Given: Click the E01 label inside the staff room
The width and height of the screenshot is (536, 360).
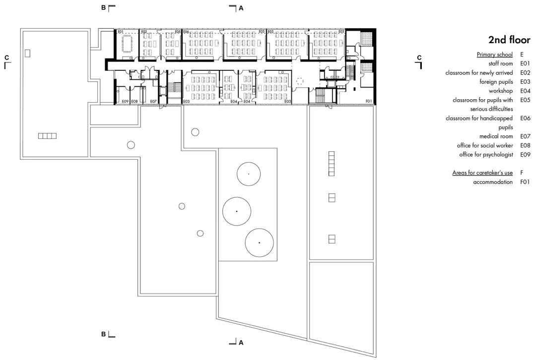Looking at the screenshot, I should tap(120, 32).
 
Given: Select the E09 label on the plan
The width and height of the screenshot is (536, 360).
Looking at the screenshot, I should tap(125, 101).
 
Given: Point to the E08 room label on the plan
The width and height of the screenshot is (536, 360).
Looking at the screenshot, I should tap(134, 101).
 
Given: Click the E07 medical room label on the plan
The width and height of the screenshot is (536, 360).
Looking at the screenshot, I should tap(153, 101).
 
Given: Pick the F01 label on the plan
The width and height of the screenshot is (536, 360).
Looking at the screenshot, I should tap(368, 101).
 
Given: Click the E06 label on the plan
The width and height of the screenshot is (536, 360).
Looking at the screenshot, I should tap(186, 32).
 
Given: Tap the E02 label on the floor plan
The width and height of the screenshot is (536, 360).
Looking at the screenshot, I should tap(144, 32).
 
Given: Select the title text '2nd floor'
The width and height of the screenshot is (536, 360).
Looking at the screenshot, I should tap(509, 40).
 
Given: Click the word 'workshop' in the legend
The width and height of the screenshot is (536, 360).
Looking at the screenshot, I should tap(500, 91).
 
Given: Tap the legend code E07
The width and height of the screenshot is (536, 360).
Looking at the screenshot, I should tap(525, 136).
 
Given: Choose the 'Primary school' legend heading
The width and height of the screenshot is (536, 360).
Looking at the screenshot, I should tap(494, 55).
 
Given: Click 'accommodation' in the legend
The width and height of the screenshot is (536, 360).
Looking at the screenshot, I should tap(493, 182).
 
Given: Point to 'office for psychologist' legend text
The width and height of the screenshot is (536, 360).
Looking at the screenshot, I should tap(486, 155).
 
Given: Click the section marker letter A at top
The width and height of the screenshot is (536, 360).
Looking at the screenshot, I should tap(241, 8).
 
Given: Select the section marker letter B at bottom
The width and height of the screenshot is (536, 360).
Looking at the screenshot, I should tap(104, 334).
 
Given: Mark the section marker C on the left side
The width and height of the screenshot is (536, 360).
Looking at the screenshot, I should tap(6, 58).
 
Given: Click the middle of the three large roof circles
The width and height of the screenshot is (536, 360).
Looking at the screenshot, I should tap(237, 211).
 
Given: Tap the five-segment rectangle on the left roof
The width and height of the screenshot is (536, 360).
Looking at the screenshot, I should tap(47, 136).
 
